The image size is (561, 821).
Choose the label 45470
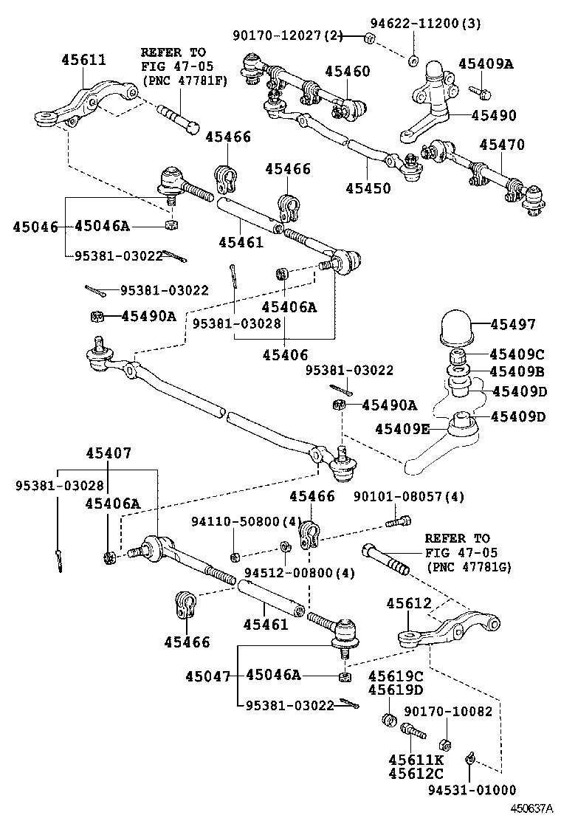coord(502,145)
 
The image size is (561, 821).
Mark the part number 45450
coord(368,188)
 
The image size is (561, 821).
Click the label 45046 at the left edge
coord(34,227)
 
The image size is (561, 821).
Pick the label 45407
coord(108,453)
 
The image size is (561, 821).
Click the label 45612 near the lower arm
coord(408,604)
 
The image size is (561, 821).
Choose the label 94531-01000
coord(472,790)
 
